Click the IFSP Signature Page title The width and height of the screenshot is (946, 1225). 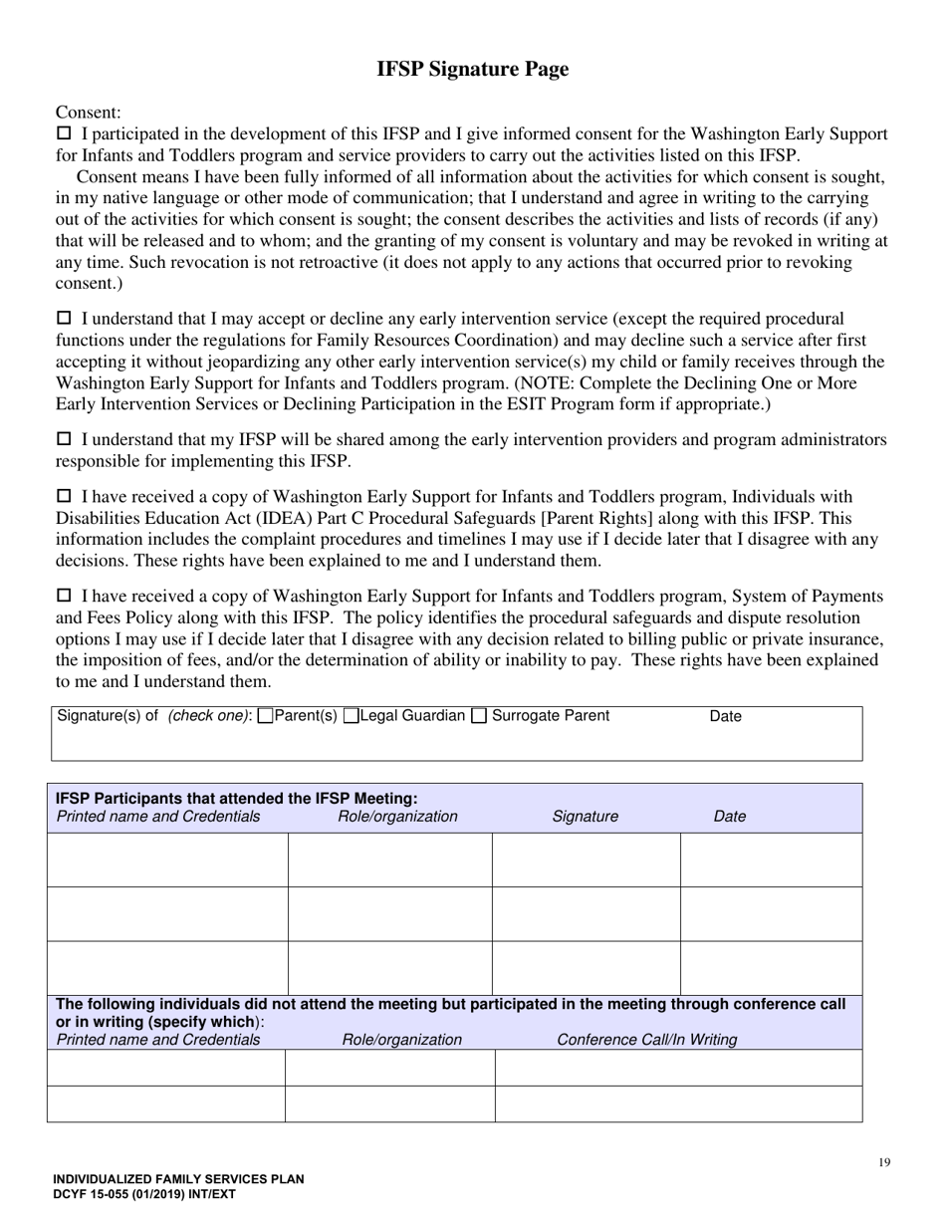pyautogui.click(x=472, y=69)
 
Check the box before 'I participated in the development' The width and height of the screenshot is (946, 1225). pyautogui.click(x=64, y=133)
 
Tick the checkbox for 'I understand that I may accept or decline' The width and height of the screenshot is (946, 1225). pyautogui.click(x=64, y=319)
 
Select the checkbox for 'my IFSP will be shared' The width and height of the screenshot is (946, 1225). pyautogui.click(x=64, y=439)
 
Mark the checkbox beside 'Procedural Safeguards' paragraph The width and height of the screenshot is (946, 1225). pyautogui.click(x=64, y=496)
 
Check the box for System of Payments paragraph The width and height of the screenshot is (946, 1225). pyautogui.click(x=64, y=596)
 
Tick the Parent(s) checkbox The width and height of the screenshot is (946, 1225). pyautogui.click(x=265, y=716)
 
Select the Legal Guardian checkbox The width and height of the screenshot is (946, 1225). pyautogui.click(x=351, y=716)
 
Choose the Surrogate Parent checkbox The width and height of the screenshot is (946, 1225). pyautogui.click(x=479, y=716)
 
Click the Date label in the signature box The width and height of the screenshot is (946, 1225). pyautogui.click(x=725, y=716)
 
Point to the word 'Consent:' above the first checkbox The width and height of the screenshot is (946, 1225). pyautogui.click(x=89, y=113)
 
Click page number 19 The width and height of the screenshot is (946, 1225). pyautogui.click(x=884, y=1161)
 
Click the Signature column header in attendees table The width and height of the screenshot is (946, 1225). pyautogui.click(x=585, y=817)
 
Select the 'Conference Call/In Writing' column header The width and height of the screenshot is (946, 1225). pyautogui.click(x=646, y=1040)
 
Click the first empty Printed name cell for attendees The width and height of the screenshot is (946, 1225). pyautogui.click(x=167, y=859)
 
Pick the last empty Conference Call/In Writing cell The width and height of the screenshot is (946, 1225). pyautogui.click(x=678, y=1103)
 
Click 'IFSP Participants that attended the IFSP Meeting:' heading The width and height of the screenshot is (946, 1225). pyautogui.click(x=236, y=798)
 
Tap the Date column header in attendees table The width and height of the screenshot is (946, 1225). pyautogui.click(x=729, y=817)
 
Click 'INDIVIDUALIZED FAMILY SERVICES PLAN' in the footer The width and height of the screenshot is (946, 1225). pyautogui.click(x=179, y=1179)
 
